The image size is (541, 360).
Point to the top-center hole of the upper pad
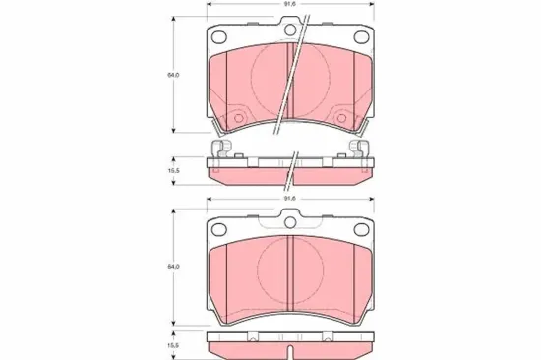coord(290,31)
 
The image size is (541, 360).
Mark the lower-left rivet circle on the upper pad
coord(236,120)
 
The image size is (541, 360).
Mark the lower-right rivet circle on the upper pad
coord(340,120)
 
